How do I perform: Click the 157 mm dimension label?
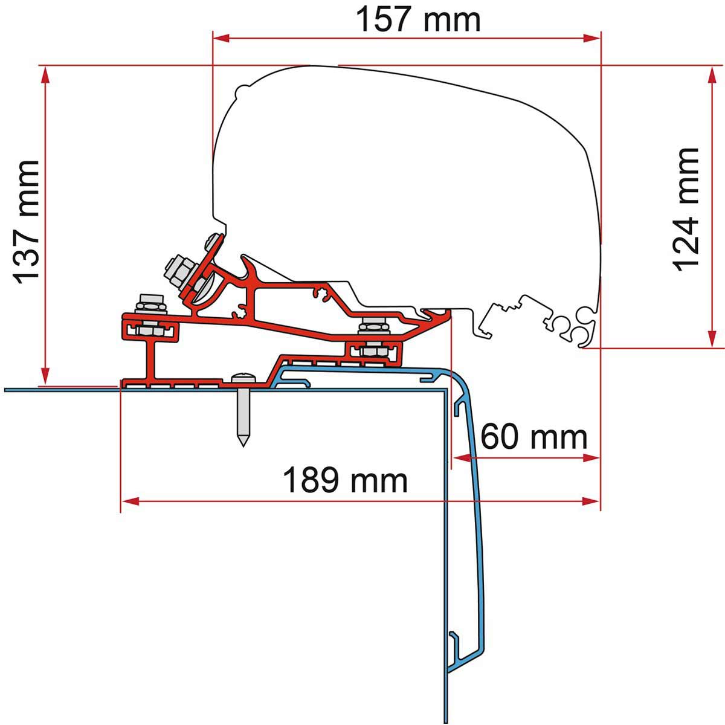418,19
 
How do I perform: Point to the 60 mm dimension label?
534,437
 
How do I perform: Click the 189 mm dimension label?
345,480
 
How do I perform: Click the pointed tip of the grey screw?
243,446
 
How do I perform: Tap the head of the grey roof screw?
243,378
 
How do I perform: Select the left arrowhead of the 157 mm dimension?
221,38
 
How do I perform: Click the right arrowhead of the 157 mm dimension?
592,38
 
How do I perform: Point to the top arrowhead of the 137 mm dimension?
45,75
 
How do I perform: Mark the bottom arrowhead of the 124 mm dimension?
712,338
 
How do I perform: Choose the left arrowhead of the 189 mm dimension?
130,501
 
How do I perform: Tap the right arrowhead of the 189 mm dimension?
591,501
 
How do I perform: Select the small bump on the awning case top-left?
242,89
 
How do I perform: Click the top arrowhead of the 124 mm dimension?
712,76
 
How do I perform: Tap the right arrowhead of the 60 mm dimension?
591,458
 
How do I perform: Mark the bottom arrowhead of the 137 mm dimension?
45,376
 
